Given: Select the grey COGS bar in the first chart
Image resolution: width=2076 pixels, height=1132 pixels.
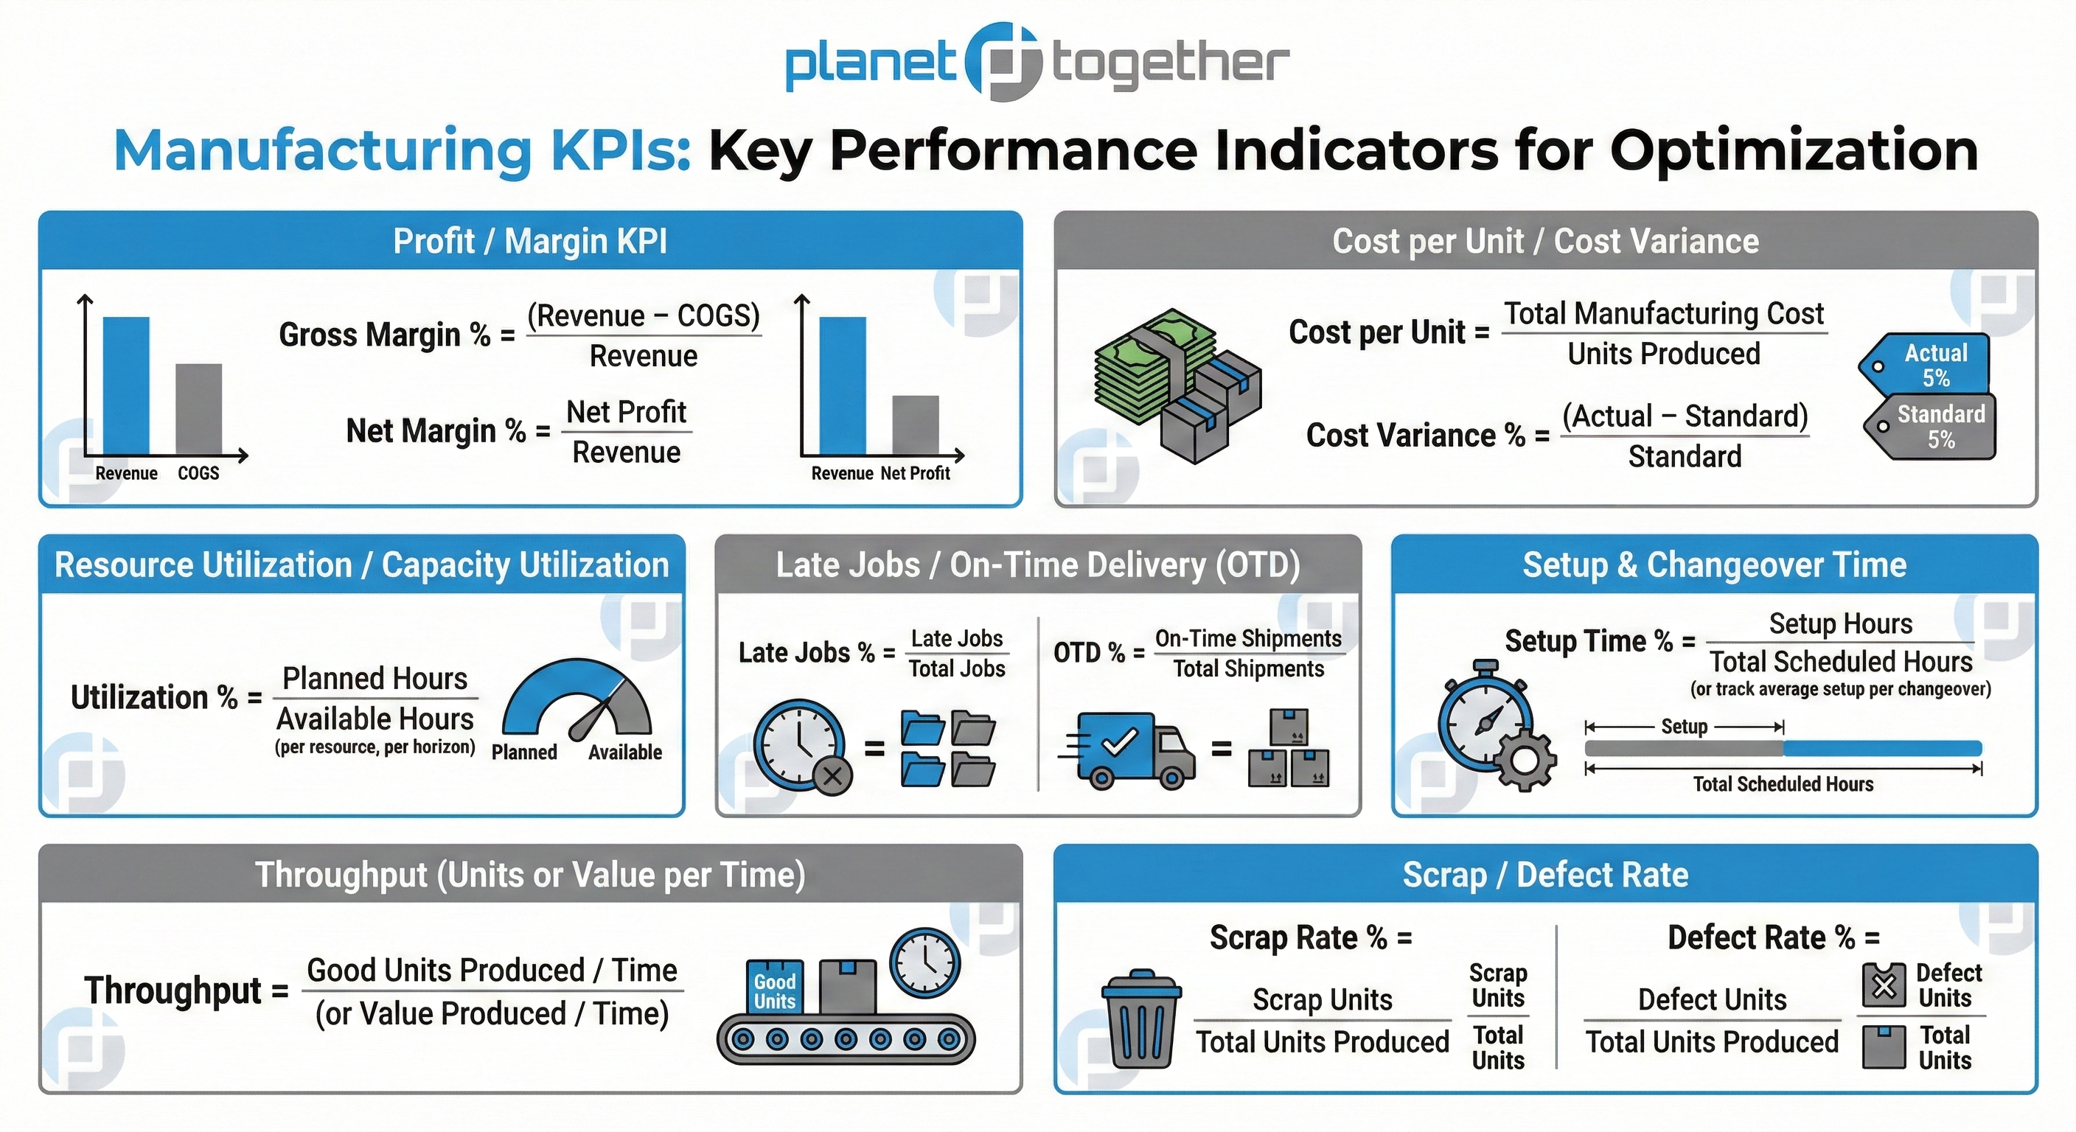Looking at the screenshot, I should point(198,409).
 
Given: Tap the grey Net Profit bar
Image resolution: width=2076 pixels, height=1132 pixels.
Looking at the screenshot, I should point(915,424).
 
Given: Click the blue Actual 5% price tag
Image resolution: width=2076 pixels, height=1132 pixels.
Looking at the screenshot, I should point(1929,365).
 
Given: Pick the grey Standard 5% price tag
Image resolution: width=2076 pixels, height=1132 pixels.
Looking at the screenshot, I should point(1934,427).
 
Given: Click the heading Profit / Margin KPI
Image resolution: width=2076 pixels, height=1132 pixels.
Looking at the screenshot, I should point(529,242).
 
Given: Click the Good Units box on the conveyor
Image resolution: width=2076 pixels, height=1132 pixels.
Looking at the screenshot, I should point(775,987).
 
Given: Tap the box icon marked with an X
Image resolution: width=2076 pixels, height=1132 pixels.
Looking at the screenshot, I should point(1884,985).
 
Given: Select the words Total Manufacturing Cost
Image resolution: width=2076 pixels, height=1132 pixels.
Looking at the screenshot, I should point(1663,313).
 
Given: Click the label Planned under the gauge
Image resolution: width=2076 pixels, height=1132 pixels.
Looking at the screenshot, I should point(524,752).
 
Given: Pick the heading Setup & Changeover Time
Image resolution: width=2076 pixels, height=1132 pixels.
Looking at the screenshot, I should point(1714,565).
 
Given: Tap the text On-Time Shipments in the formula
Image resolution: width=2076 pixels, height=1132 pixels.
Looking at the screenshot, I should point(1247,638).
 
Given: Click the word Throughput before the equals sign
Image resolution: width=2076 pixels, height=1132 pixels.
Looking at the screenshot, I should point(173,990).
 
